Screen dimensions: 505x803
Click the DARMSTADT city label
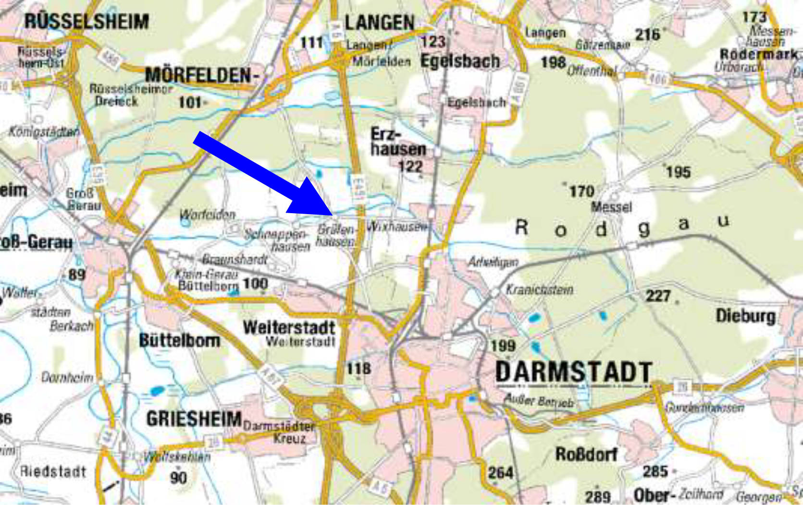[573, 372]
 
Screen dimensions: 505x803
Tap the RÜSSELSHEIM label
[86, 22]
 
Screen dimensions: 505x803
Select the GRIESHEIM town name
[194, 419]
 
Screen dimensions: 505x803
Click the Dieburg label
[745, 316]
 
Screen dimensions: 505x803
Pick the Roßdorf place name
[586, 454]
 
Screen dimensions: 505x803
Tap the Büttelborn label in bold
[179, 340]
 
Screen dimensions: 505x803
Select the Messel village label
[611, 207]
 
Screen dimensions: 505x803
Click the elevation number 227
[657, 296]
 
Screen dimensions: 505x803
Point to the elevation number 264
[501, 473]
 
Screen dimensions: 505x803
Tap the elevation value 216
[647, 35]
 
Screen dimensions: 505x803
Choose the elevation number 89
[77, 275]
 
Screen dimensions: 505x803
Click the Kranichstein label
[539, 290]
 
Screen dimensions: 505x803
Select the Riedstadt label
[53, 471]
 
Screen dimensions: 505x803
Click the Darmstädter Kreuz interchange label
[280, 432]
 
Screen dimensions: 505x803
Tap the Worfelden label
[208, 215]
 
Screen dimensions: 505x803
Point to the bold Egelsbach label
[460, 61]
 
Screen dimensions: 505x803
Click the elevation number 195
[678, 172]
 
